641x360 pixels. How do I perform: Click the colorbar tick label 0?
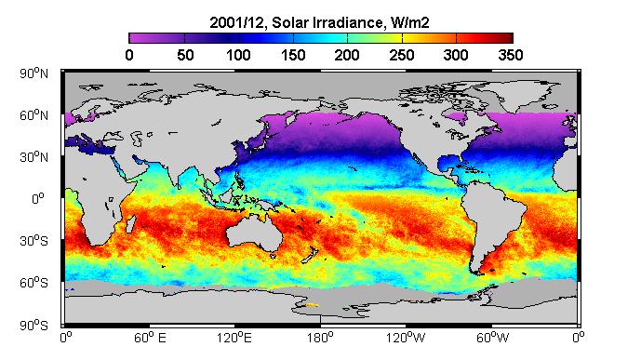click(129, 55)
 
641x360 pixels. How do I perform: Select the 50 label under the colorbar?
click(185, 55)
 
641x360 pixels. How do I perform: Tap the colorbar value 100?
click(239, 55)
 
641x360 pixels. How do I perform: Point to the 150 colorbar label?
click(293, 55)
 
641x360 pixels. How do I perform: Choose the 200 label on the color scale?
click(347, 55)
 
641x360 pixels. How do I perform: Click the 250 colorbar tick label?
click(402, 55)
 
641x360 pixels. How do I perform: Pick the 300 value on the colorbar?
click(456, 55)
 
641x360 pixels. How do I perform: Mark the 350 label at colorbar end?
click(511, 55)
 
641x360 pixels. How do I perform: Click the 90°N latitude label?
click(33, 73)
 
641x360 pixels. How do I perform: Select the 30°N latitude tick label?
click(33, 157)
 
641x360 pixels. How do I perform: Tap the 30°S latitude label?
click(33, 241)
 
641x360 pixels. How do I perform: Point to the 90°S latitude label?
click(33, 326)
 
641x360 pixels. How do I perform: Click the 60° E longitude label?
click(150, 338)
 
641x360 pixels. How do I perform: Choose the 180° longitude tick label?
click(320, 338)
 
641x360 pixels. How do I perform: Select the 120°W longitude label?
click(406, 338)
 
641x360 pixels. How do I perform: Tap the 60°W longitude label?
click(493, 338)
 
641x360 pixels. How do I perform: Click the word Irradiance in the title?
click(348, 22)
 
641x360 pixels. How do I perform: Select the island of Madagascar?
click(130, 225)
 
